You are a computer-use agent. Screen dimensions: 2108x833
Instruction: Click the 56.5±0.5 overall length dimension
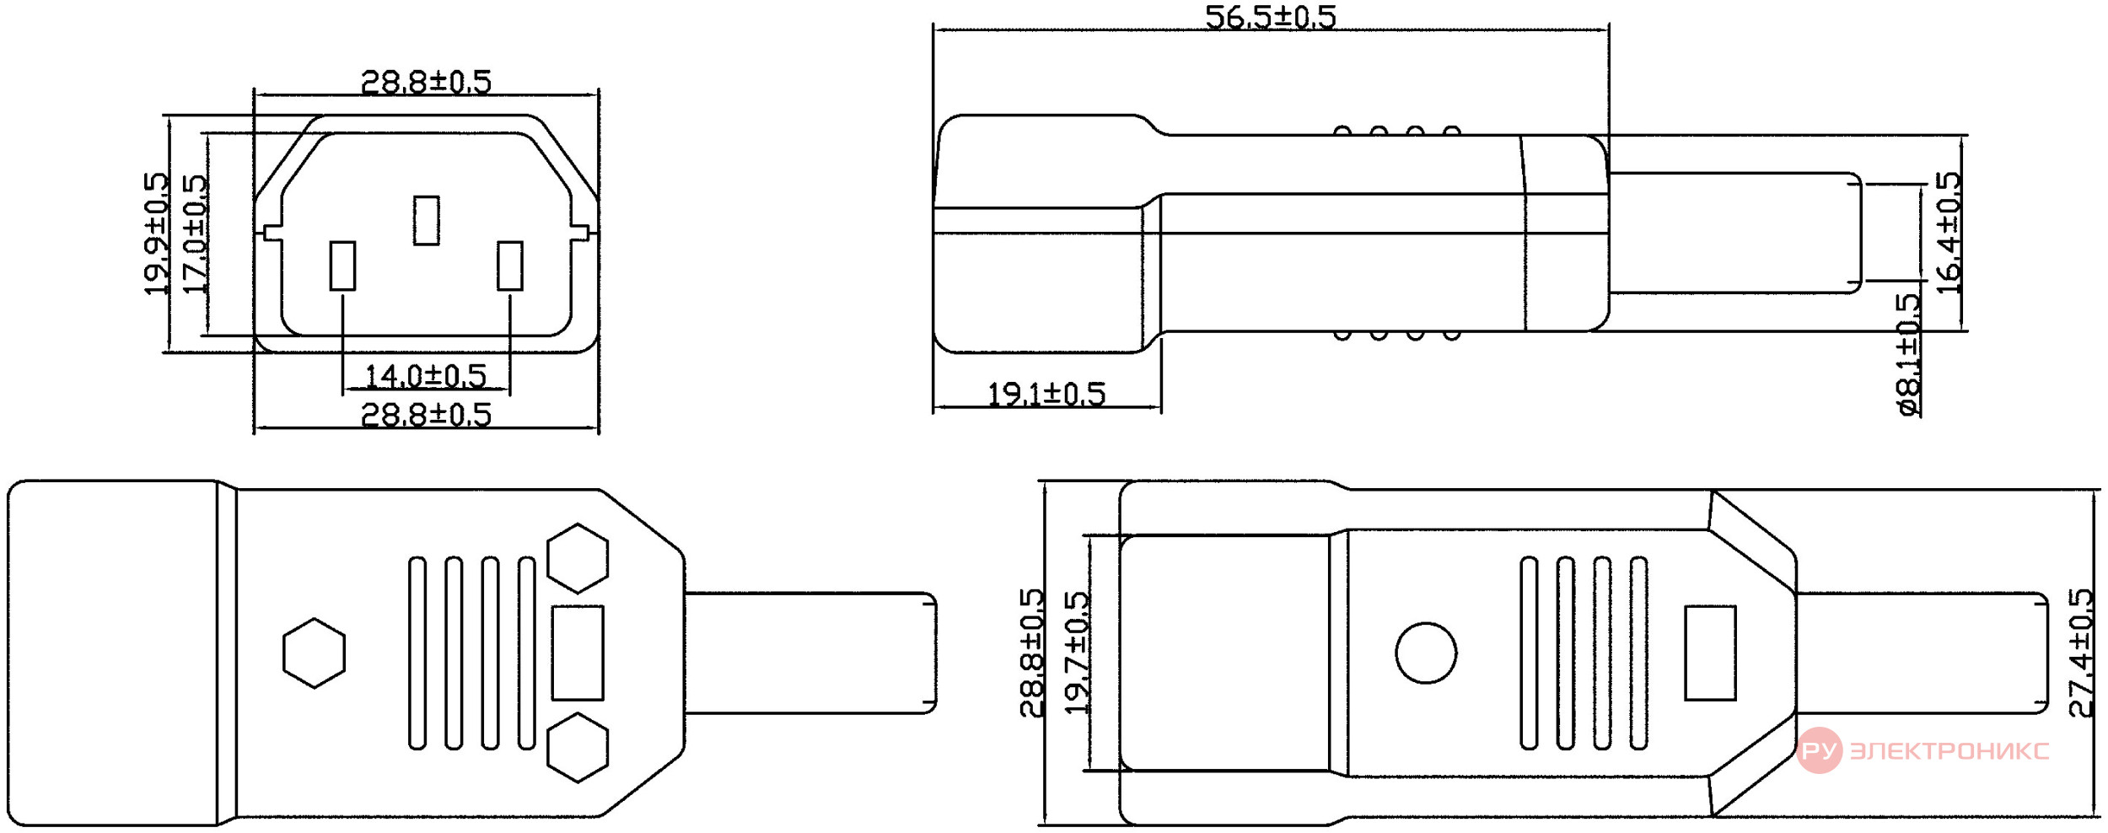pyautogui.click(x=1270, y=17)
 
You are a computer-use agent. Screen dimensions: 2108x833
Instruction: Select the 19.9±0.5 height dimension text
pyautogui.click(x=156, y=234)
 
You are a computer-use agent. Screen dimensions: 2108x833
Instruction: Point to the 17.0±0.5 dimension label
pyautogui.click(x=194, y=234)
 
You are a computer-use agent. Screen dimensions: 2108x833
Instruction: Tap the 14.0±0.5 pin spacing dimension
pyautogui.click(x=425, y=375)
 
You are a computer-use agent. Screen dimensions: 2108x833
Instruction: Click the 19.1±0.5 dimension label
pyautogui.click(x=1046, y=394)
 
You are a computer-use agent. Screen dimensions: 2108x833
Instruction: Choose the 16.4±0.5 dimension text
pyautogui.click(x=1948, y=233)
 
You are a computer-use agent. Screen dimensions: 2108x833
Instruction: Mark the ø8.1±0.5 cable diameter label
pyautogui.click(x=1909, y=355)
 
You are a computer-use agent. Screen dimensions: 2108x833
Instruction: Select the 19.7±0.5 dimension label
pyautogui.click(x=1076, y=653)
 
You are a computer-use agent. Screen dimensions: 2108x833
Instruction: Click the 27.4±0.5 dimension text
pyautogui.click(x=2081, y=653)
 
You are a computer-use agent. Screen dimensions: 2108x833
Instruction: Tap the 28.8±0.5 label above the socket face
pyautogui.click(x=426, y=82)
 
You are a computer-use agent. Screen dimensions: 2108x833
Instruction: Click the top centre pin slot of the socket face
pyautogui.click(x=427, y=220)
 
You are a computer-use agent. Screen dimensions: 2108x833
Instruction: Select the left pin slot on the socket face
pyautogui.click(x=342, y=266)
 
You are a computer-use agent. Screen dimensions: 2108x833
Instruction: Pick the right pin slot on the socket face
pyautogui.click(x=510, y=266)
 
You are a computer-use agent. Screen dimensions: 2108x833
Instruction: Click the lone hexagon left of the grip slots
pyautogui.click(x=315, y=653)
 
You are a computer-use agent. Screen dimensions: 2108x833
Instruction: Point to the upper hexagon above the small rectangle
pyautogui.click(x=578, y=558)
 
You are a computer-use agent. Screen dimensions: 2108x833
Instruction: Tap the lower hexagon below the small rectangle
pyautogui.click(x=578, y=747)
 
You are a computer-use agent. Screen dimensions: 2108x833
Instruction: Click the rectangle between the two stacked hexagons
pyautogui.click(x=578, y=653)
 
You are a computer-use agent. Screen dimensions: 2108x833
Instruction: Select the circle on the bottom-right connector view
pyautogui.click(x=1426, y=653)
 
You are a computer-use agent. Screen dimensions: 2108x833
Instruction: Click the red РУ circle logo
pyautogui.click(x=1819, y=750)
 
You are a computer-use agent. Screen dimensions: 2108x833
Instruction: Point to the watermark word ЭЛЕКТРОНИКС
pyautogui.click(x=1949, y=750)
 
